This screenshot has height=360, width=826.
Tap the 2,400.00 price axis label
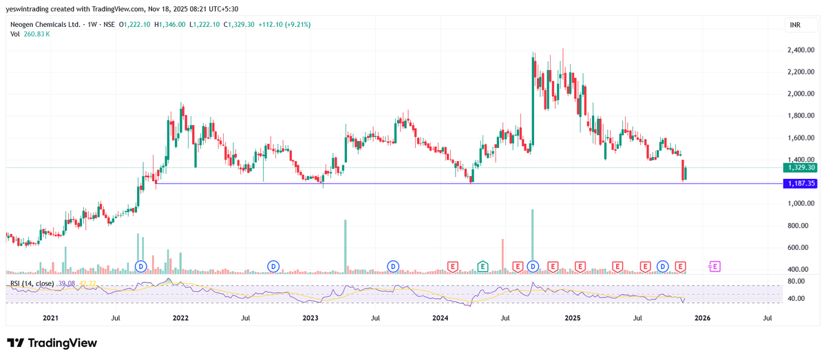[801, 50]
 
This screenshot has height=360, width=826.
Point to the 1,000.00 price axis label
[801, 204]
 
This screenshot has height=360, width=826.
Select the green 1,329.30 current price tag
[802, 167]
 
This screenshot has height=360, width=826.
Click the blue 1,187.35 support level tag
[802, 184]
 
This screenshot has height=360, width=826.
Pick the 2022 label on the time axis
[180, 318]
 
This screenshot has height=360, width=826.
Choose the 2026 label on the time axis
[702, 318]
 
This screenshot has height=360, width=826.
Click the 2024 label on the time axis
[441, 318]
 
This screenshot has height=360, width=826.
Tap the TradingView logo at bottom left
[52, 343]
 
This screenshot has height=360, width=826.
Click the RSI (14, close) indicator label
[31, 284]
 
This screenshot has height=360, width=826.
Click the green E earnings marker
[483, 266]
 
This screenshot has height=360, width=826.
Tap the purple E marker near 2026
[714, 266]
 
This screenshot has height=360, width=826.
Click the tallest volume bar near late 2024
[533, 241]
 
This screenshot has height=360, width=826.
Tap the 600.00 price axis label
[802, 248]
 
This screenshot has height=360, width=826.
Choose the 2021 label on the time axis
[50, 318]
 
